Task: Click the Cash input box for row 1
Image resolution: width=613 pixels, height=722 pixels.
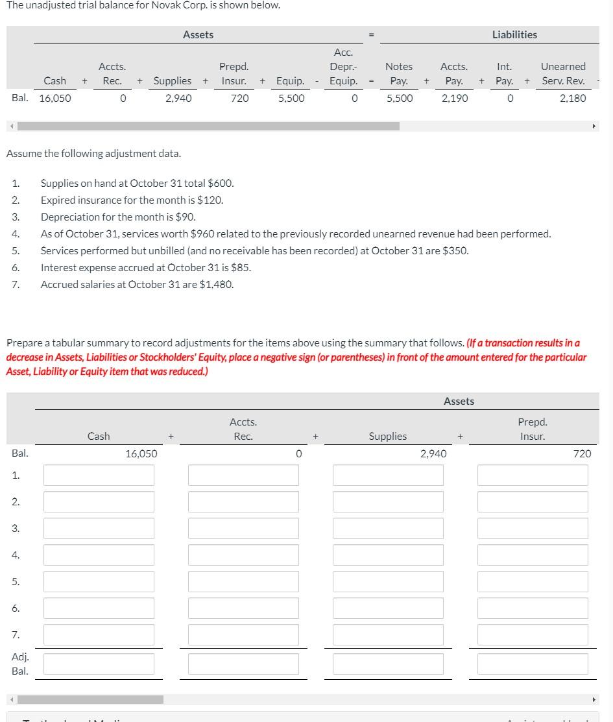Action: [99, 475]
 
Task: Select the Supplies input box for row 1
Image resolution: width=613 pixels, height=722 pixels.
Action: [388, 475]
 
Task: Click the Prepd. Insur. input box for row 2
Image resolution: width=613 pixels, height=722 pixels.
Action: [533, 501]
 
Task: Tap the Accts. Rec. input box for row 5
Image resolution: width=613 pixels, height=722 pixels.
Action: [243, 581]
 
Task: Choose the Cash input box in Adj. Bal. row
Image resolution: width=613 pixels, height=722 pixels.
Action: [99, 664]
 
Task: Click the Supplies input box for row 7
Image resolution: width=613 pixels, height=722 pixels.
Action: [388, 634]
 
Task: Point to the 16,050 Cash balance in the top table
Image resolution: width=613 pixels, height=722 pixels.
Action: [54, 98]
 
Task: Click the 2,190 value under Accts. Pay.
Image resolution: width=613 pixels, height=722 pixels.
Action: [454, 98]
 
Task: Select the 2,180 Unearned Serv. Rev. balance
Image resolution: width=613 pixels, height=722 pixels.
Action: [572, 98]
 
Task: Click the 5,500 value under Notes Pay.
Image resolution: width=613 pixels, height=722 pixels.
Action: [399, 98]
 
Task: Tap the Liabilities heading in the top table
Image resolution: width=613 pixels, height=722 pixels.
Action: [514, 34]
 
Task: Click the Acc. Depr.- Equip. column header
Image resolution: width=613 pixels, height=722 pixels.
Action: [343, 66]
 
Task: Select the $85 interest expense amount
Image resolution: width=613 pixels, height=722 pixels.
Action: [241, 267]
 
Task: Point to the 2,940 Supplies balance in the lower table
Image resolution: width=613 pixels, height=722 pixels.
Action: [433, 453]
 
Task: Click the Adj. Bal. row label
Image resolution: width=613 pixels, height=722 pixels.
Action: [20, 664]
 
